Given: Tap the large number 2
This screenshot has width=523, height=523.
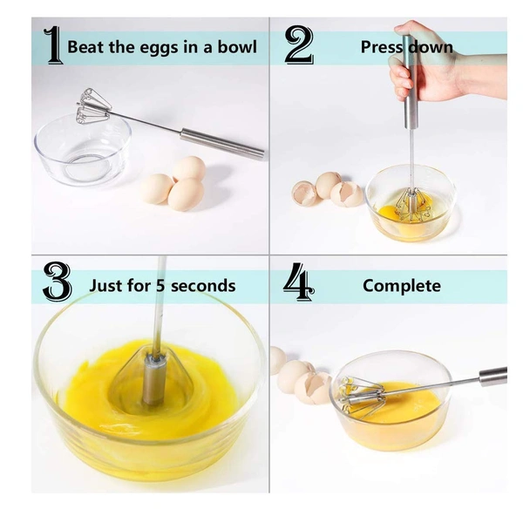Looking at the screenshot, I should coord(299,46).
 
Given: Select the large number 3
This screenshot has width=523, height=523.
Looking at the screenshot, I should coord(57,285).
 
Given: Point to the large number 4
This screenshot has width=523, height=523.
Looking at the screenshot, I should coord(299,285).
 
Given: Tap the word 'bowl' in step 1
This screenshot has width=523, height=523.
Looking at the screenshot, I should coord(238,47).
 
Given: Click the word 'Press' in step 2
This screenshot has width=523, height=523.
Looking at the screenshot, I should coord(381,47).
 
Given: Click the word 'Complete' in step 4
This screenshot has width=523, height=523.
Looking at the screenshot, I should coord(402,286).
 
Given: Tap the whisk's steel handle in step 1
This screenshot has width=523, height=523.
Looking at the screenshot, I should coord(221,144).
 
